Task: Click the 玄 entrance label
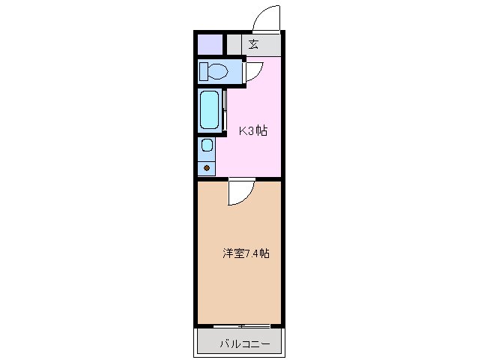tap(254, 44)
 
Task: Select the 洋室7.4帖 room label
tap(245, 253)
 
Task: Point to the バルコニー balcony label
tap(240, 346)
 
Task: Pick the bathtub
tap(209, 110)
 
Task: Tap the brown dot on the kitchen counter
tap(207, 166)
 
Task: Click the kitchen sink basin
tap(207, 145)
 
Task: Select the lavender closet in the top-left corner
tap(210, 44)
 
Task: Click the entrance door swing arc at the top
tap(267, 16)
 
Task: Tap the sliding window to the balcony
tap(241, 325)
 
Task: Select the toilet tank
tap(204, 71)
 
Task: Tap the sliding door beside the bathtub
tap(224, 110)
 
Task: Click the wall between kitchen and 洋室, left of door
tap(213, 179)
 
